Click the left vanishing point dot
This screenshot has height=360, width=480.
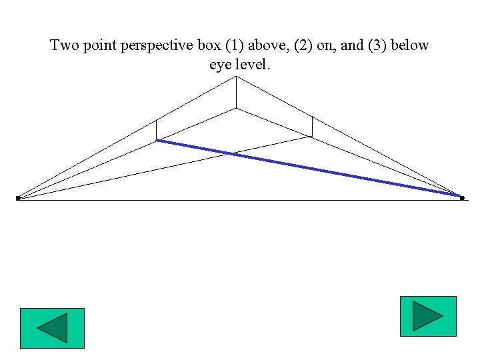click(x=18, y=198)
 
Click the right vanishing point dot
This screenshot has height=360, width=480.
click(x=461, y=197)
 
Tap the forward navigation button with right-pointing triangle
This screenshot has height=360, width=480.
click(x=427, y=316)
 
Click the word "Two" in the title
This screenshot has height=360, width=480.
click(x=65, y=46)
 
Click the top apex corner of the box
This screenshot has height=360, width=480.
click(x=236, y=77)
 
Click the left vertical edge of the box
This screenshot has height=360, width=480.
click(x=157, y=130)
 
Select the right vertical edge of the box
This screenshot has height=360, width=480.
click(x=312, y=126)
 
